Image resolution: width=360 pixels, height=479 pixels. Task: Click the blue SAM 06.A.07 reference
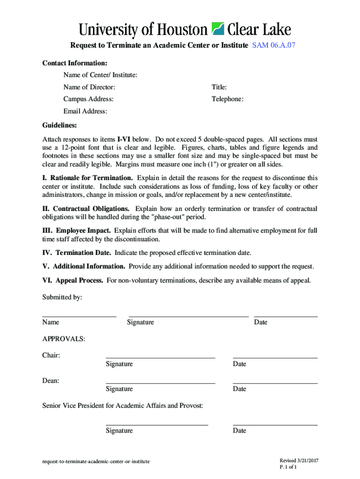click(x=274, y=45)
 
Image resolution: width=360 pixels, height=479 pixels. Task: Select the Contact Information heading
click(x=75, y=63)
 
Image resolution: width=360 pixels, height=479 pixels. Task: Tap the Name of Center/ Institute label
click(x=101, y=75)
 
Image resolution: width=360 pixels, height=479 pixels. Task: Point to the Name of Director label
click(x=89, y=87)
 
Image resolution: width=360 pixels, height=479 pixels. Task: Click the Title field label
click(x=219, y=87)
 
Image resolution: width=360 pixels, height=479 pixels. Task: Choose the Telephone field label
click(x=227, y=99)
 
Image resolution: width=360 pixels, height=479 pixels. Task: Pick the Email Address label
click(x=86, y=111)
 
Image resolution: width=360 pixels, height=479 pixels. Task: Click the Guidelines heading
click(x=60, y=125)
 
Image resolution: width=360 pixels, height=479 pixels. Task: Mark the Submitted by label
click(x=62, y=297)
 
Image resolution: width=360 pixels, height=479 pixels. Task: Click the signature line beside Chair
click(x=160, y=358)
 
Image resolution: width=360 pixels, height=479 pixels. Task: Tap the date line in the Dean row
click(x=275, y=383)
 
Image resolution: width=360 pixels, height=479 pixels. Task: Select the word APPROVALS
click(x=64, y=339)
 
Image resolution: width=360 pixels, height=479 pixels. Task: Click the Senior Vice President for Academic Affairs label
click(x=123, y=406)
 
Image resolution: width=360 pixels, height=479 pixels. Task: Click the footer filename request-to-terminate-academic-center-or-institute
click(x=96, y=461)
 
